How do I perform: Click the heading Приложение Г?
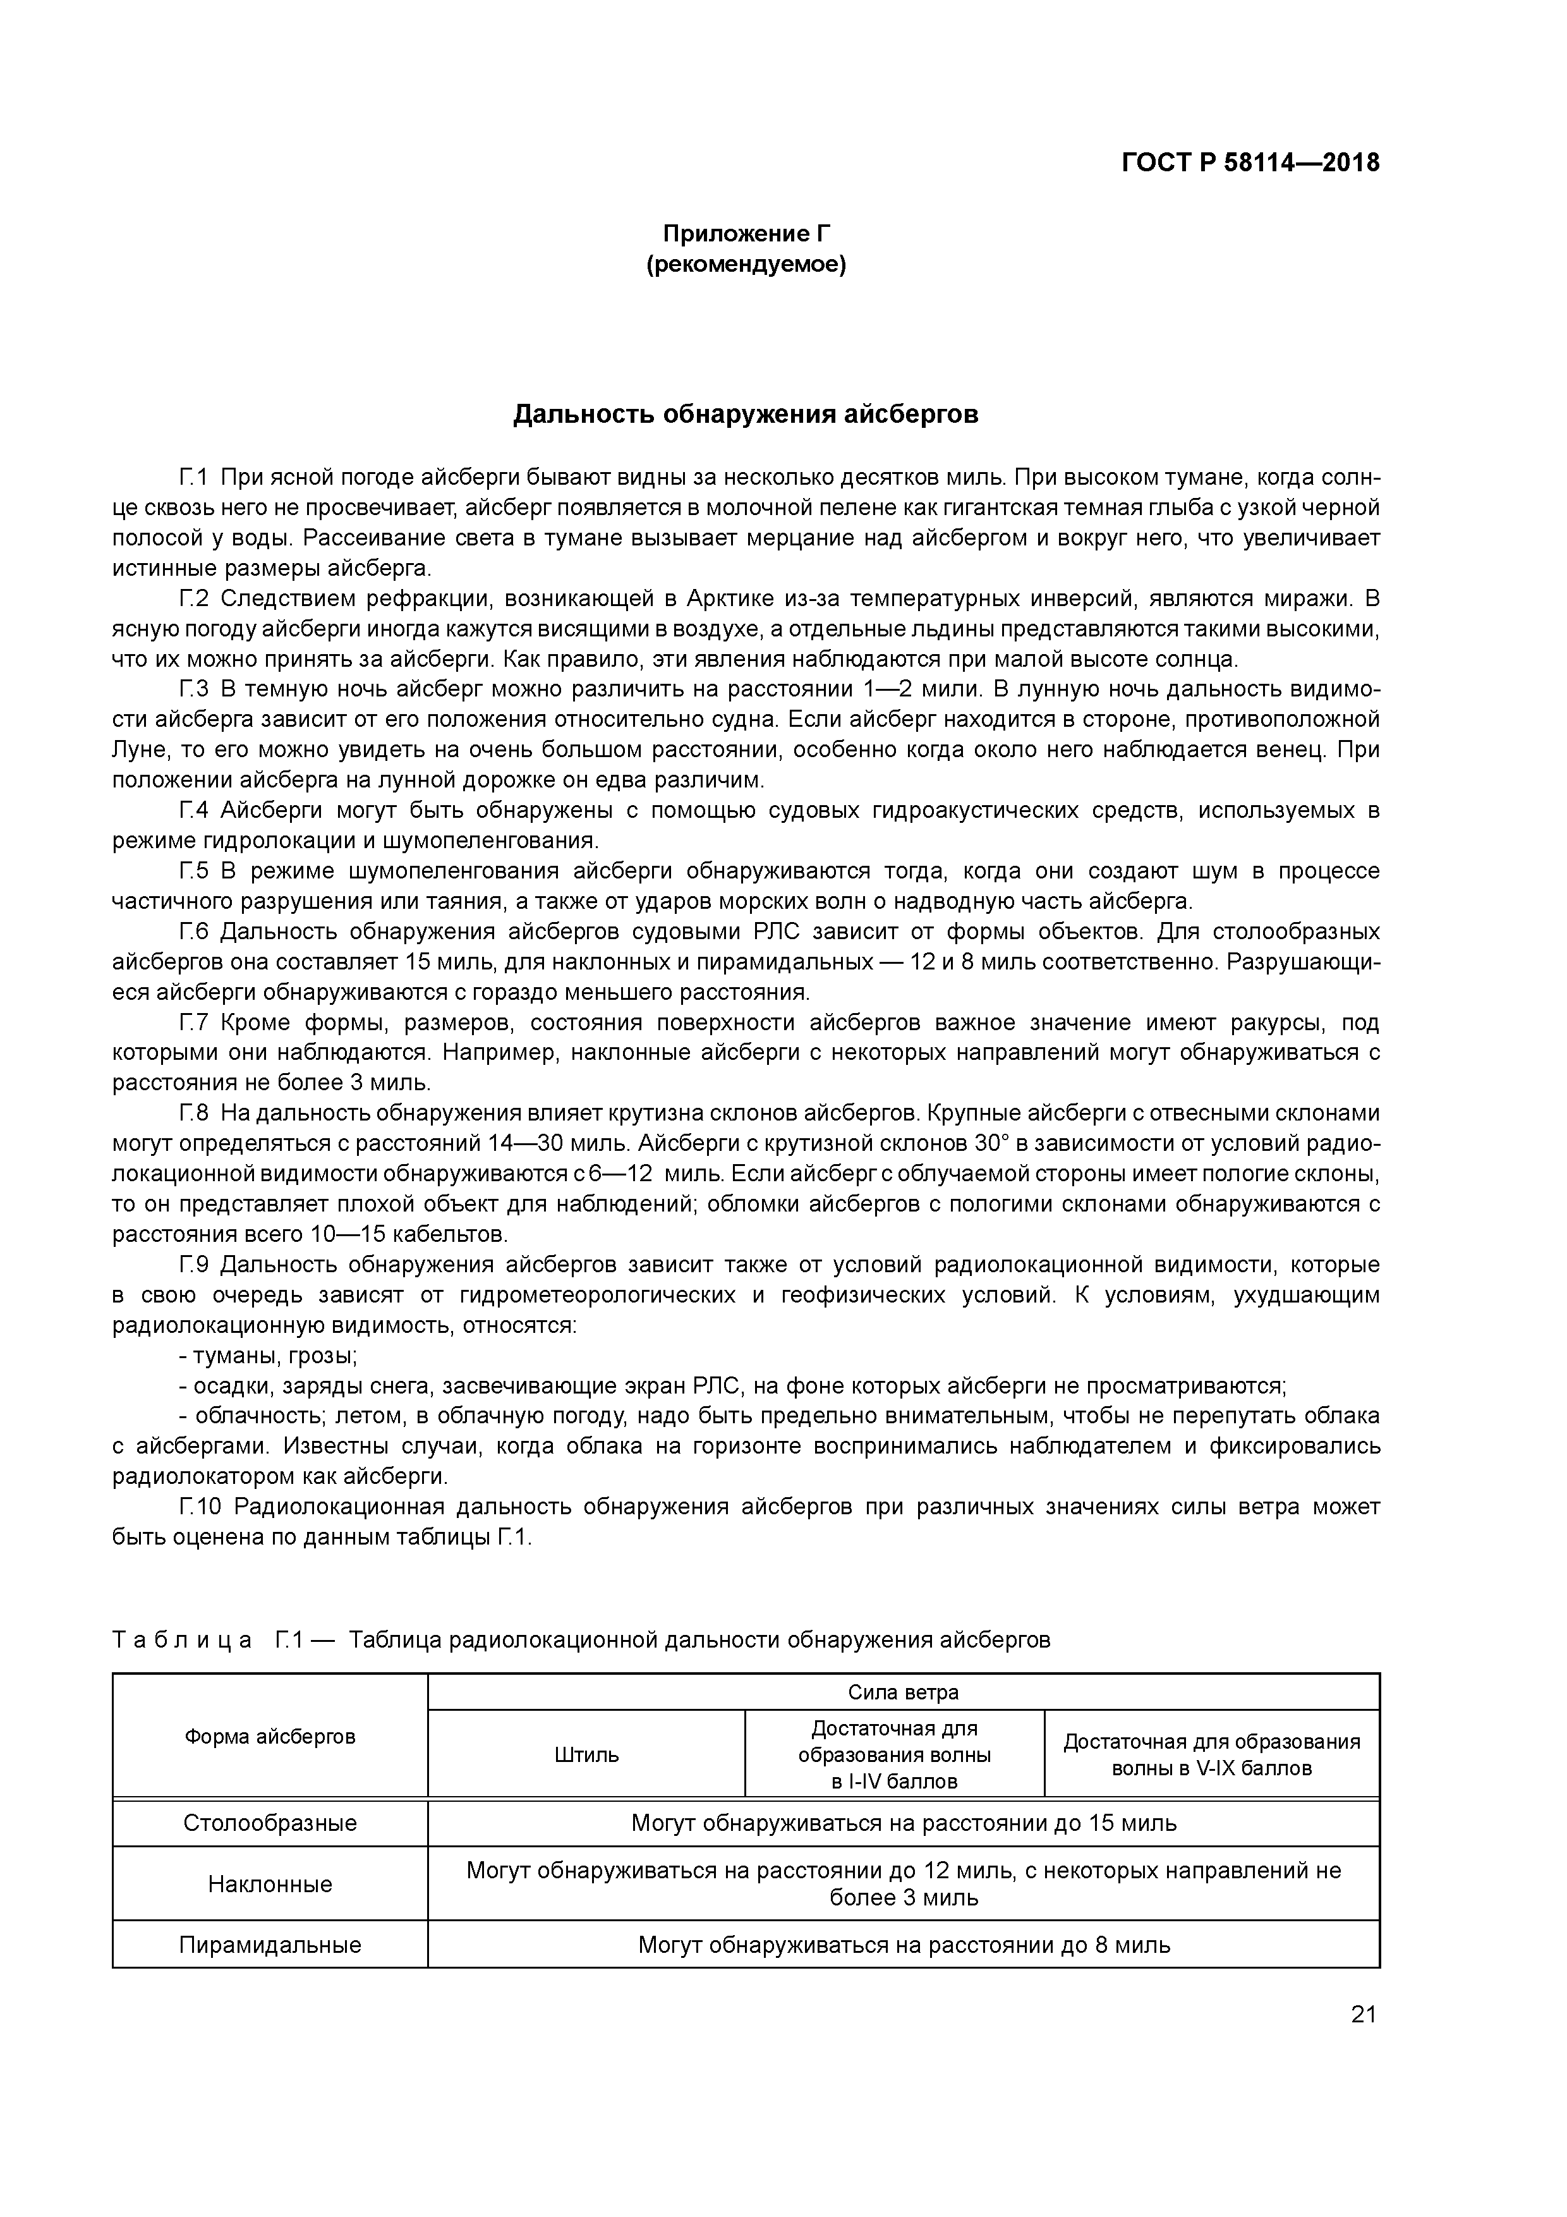tap(746, 234)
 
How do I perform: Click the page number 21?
tap(1362, 2014)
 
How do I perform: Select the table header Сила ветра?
tap(903, 1692)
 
